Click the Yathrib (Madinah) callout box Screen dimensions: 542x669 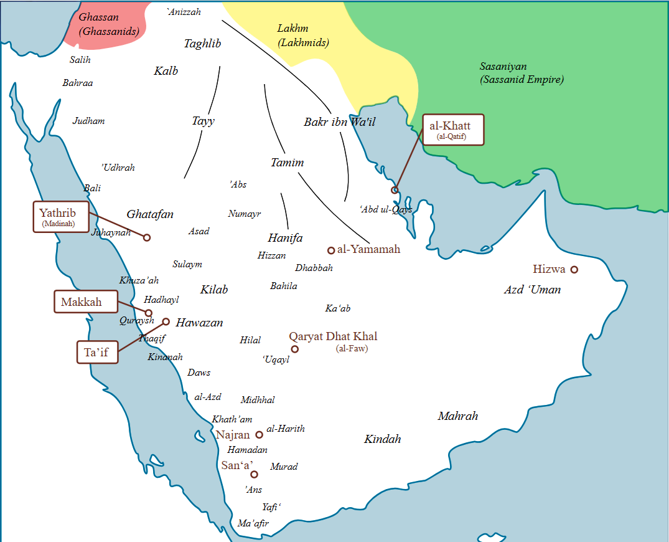coord(61,217)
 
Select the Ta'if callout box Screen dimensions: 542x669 coord(96,353)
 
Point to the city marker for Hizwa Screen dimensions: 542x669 coord(574,270)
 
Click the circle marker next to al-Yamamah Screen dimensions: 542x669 coord(331,250)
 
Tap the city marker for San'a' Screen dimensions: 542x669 coord(254,475)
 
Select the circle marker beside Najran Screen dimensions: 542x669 coord(260,435)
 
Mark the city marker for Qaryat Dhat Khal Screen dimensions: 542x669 coord(295,349)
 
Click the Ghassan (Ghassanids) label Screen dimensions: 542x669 coord(108,24)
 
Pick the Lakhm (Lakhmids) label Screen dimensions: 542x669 coord(303,36)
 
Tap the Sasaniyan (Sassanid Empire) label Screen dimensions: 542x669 coord(521,73)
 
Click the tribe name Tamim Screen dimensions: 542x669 coord(287,163)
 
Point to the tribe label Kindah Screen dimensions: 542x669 coord(382,439)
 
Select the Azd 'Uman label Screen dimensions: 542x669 coord(532,290)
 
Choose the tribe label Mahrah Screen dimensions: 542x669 coord(457,416)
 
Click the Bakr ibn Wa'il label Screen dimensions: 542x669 coord(339,122)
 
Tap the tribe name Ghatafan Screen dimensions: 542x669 coord(150,214)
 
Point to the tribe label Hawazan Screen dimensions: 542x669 coord(199,323)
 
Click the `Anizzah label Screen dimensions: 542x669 coord(184,11)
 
